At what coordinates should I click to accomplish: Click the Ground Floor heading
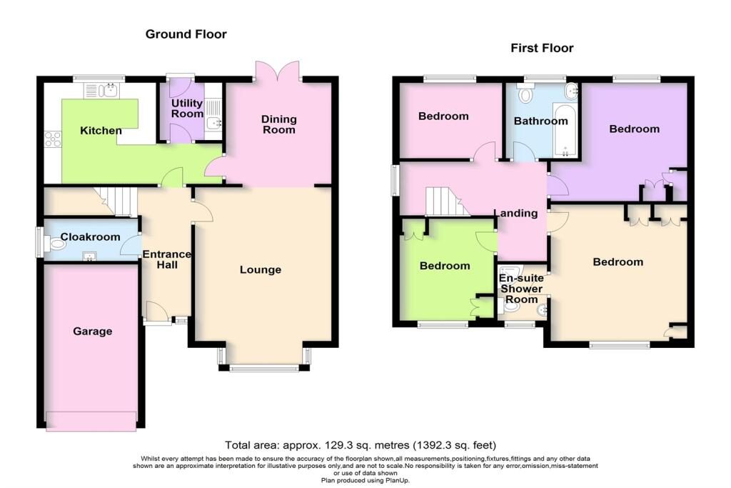click(x=186, y=34)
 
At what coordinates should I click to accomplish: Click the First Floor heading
click(x=542, y=48)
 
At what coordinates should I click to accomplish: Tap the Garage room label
click(x=92, y=332)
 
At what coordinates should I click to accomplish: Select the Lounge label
click(x=260, y=269)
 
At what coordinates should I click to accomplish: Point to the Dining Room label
click(x=279, y=124)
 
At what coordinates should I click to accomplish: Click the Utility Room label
click(x=187, y=108)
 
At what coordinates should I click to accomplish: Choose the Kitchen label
click(x=101, y=131)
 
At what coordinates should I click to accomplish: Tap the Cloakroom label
click(x=91, y=237)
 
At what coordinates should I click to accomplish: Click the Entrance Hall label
click(x=167, y=259)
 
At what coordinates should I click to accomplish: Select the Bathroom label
click(x=541, y=121)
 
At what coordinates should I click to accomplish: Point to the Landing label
click(x=515, y=213)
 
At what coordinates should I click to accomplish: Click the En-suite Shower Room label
click(x=521, y=289)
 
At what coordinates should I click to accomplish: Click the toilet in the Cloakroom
click(x=55, y=244)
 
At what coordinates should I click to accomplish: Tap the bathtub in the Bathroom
click(x=565, y=130)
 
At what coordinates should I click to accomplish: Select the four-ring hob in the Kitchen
click(x=53, y=139)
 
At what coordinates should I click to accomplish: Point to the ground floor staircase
click(x=116, y=201)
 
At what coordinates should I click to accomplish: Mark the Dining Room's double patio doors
click(x=278, y=72)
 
